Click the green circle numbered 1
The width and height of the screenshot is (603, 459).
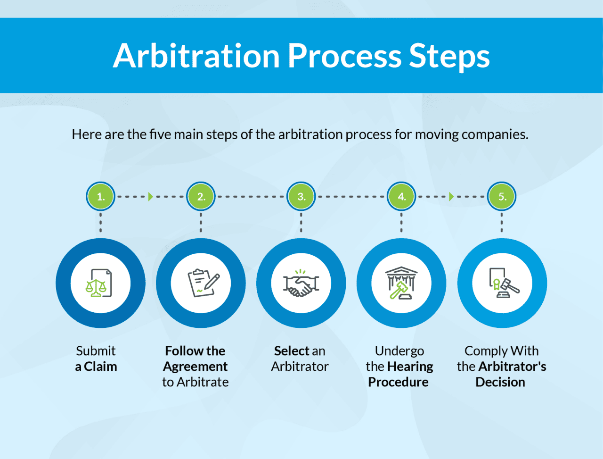(100, 196)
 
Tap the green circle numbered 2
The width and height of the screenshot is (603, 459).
(201, 196)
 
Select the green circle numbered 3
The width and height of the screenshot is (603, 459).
(301, 196)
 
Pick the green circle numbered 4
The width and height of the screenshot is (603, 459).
(401, 196)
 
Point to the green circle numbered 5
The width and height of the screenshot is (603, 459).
(502, 196)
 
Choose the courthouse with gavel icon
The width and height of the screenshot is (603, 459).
(401, 283)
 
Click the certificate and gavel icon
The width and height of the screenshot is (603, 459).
(503, 283)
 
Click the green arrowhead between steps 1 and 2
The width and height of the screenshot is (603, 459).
(151, 196)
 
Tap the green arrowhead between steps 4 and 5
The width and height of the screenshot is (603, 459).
(451, 196)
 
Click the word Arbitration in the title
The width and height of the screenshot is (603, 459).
(196, 56)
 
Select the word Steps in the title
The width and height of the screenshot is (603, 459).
(449, 56)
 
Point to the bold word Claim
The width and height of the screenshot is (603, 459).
(100, 367)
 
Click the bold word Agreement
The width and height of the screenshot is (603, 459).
(196, 367)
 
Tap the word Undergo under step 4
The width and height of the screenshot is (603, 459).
(399, 351)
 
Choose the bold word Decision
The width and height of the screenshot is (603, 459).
(500, 382)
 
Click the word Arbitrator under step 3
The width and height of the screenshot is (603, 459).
(300, 367)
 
